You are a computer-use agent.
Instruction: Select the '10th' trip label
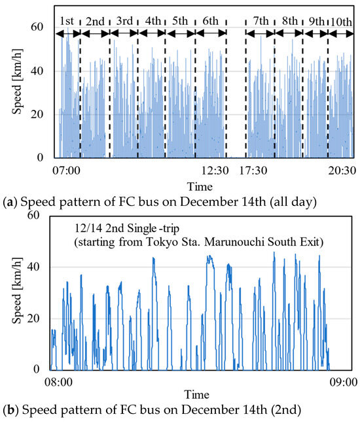(340, 21)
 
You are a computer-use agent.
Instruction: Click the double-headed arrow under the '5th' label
(179, 33)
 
